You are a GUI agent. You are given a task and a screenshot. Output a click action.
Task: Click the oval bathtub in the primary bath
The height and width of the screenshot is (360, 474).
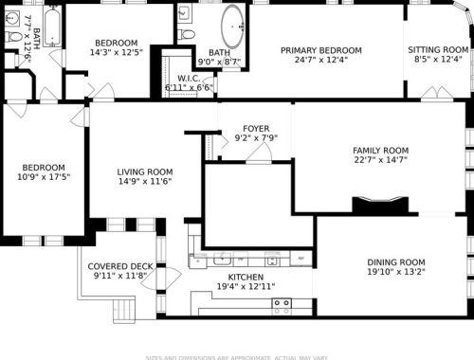point(231,27)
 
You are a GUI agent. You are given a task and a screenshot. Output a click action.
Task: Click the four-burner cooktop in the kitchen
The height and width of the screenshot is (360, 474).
point(282,305)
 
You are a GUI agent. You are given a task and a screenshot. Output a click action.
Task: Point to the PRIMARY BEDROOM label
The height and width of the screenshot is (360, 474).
point(320,50)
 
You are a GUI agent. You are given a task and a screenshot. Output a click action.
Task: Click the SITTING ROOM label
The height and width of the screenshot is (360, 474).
point(437,50)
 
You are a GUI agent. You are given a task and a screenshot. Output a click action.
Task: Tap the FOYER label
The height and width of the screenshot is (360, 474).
point(256,128)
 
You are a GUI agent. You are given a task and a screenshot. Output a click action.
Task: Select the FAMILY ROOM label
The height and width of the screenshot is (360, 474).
point(380,151)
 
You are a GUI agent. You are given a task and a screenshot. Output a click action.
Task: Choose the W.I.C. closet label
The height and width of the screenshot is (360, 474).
point(188,78)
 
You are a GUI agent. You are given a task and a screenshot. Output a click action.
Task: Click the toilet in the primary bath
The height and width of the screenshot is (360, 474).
point(187,34)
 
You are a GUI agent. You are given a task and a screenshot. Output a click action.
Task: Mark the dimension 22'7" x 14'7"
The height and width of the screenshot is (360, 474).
point(380,160)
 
